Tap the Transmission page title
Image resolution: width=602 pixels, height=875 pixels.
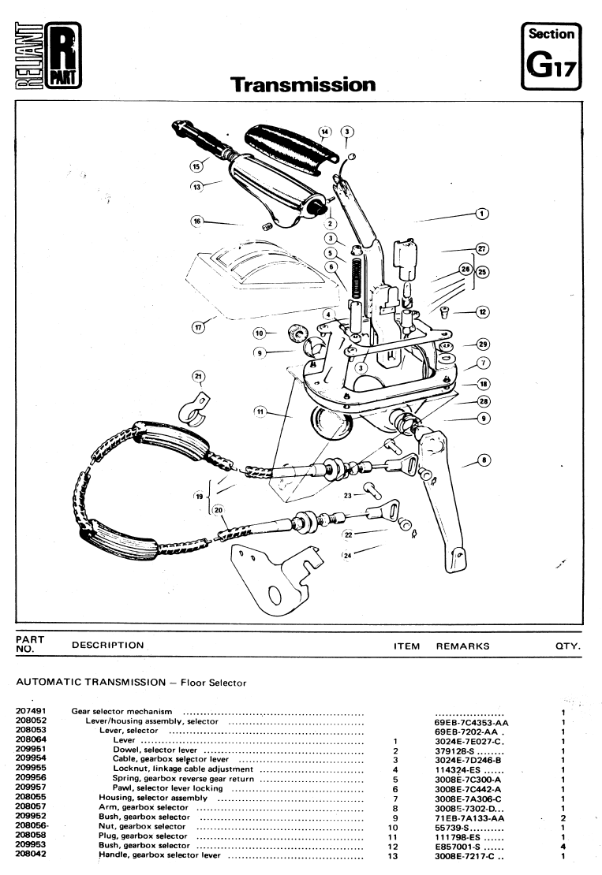click(x=302, y=84)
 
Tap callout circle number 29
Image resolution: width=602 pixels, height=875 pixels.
click(x=483, y=344)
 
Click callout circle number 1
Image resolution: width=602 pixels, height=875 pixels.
click(x=482, y=212)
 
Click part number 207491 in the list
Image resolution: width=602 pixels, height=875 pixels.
click(x=29, y=711)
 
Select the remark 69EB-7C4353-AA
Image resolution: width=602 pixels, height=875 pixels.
click(x=471, y=721)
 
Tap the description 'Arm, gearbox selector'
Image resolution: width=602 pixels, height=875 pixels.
click(x=143, y=807)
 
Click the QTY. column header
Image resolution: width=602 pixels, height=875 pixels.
click(x=568, y=646)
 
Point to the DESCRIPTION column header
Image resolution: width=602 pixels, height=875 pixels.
click(x=107, y=646)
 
